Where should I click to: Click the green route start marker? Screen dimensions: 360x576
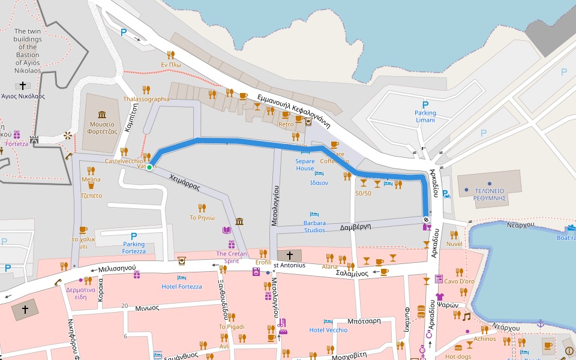[x=149, y=167]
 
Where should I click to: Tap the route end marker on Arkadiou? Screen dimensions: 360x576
[x=426, y=218]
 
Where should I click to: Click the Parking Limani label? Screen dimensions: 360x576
[x=425, y=116]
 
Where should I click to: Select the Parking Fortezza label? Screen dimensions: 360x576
[x=134, y=247]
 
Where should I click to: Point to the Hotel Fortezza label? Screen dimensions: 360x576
[x=182, y=287]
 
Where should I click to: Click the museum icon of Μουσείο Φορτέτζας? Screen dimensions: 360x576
[x=102, y=115]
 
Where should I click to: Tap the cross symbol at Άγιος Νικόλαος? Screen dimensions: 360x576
[x=23, y=86]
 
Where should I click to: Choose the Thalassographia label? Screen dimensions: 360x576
[x=146, y=99]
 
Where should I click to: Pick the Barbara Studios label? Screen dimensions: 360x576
[x=314, y=227]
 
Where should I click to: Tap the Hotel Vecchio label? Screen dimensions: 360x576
[x=328, y=330]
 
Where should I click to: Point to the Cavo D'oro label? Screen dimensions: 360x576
[x=459, y=281]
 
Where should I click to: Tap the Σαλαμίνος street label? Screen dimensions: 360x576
[x=352, y=272]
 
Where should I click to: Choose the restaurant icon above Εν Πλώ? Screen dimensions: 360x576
[x=171, y=55]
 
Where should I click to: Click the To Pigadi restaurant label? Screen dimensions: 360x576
[x=232, y=326]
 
